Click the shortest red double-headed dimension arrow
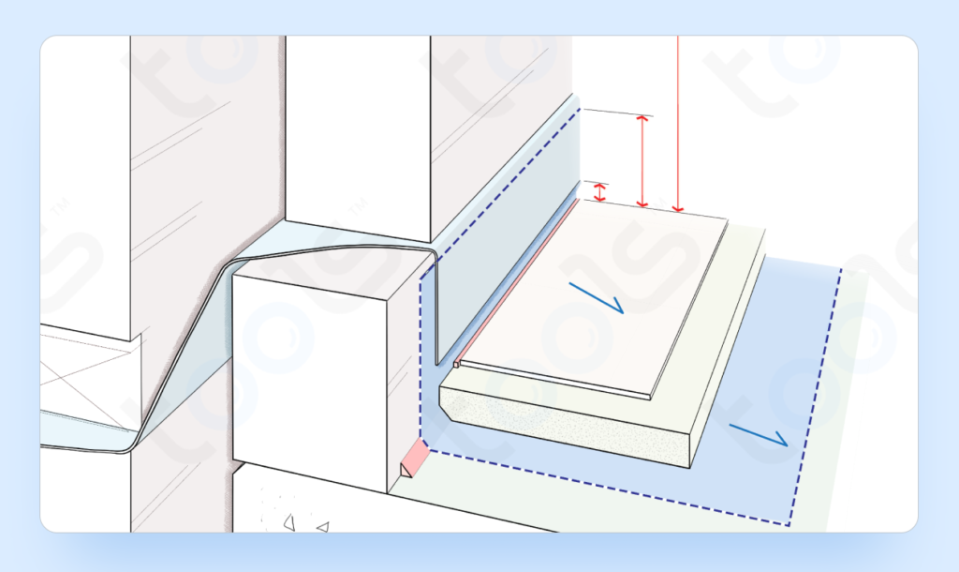[601, 192]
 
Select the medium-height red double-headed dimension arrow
[642, 160]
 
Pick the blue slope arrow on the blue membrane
[760, 435]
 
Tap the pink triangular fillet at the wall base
[413, 459]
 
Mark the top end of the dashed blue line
[581, 109]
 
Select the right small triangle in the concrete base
[322, 528]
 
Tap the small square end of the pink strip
[457, 364]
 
